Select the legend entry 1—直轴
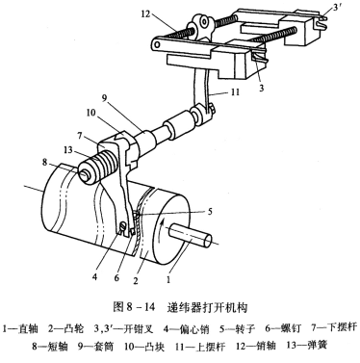pyautogui.click(x=30, y=330)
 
